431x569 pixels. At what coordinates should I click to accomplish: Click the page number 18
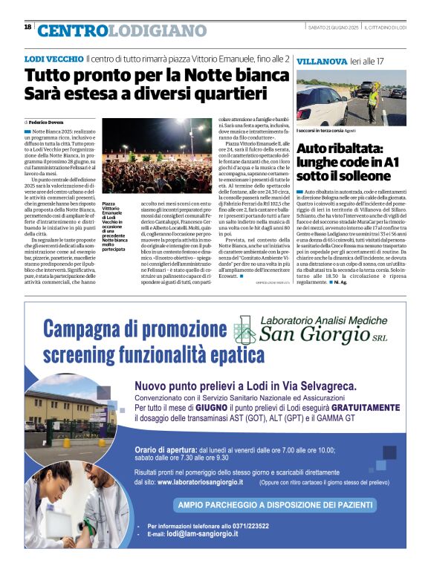(x=27, y=27)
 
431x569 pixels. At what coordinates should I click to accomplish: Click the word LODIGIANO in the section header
(x=158, y=30)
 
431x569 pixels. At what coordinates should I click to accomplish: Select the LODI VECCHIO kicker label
(x=53, y=59)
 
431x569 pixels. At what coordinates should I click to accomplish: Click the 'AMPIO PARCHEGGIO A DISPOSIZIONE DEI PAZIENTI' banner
(x=273, y=505)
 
